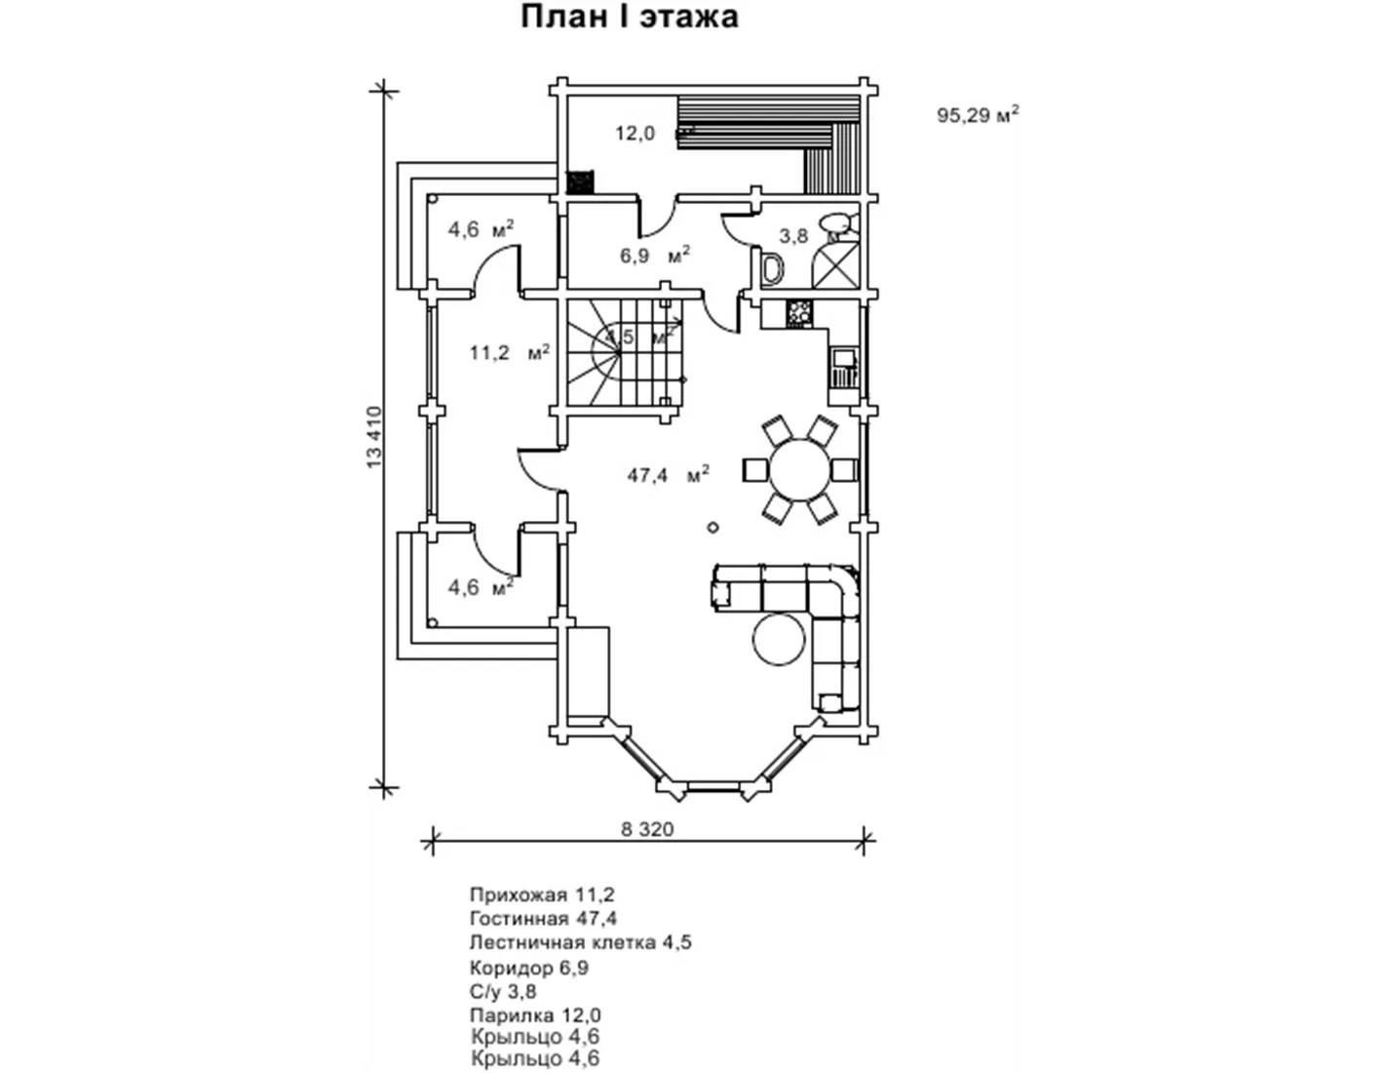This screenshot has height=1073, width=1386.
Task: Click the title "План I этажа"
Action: click(629, 17)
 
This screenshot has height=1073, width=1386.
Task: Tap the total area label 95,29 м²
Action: click(977, 115)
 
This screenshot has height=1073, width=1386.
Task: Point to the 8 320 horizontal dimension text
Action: click(647, 829)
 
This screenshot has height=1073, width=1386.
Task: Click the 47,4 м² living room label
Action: click(668, 476)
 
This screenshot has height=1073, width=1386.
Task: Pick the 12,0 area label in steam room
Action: click(635, 134)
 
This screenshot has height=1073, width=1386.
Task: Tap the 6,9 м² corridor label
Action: click(654, 256)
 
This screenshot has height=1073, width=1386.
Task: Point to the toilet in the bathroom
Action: click(773, 270)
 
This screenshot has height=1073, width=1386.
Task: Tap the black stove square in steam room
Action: click(580, 182)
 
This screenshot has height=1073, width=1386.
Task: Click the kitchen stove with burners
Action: click(799, 313)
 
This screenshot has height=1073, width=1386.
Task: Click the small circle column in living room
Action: click(713, 528)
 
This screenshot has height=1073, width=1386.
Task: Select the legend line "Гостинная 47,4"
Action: click(543, 918)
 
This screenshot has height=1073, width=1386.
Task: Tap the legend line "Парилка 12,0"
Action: click(535, 1015)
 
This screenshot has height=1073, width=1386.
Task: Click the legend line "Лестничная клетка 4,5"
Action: click(580, 942)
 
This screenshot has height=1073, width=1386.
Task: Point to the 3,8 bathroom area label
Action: click(794, 236)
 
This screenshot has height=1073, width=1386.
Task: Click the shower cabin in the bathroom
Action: click(837, 262)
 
